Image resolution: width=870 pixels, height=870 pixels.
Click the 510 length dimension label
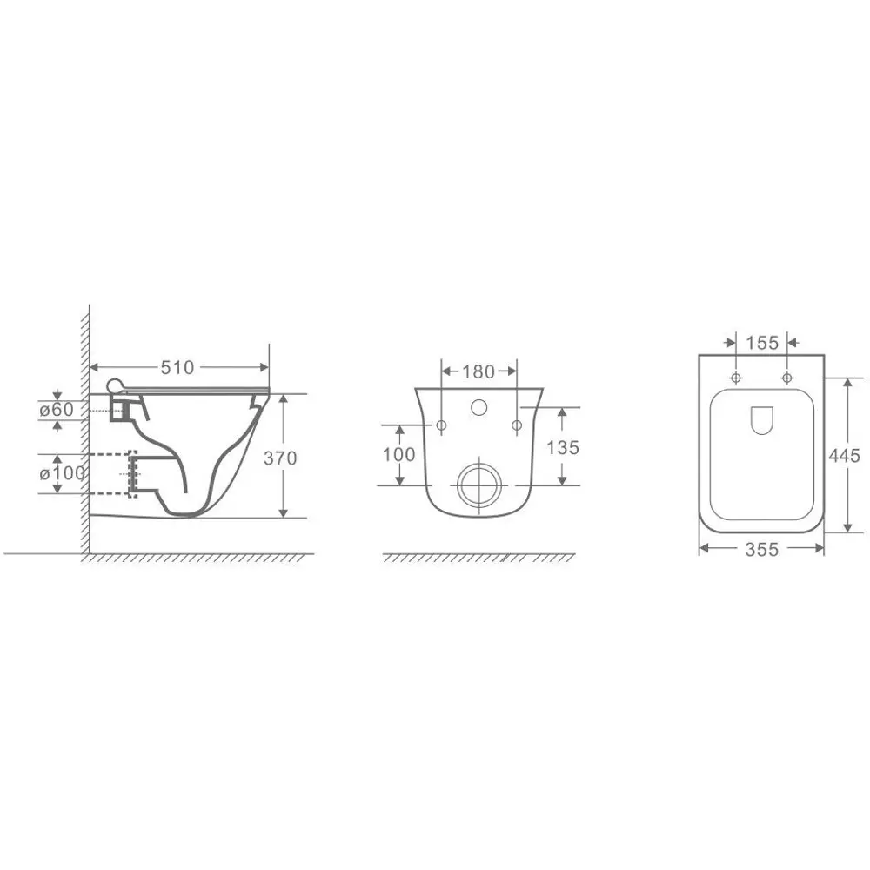tap(177, 367)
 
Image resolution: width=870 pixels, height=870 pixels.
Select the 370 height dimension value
tap(280, 458)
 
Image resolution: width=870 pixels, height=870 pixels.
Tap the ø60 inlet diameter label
tap(57, 410)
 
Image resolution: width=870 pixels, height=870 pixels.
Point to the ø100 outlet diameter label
tap(62, 473)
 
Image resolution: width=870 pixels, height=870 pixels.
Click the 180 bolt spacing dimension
tap(478, 371)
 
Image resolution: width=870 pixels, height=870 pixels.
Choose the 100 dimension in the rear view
tap(399, 455)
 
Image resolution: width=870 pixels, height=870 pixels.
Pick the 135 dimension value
tap(563, 448)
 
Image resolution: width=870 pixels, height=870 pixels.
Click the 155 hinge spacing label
tap(762, 343)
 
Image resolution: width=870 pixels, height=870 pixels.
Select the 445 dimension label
tap(845, 456)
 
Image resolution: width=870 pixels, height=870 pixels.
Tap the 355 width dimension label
tap(762, 549)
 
